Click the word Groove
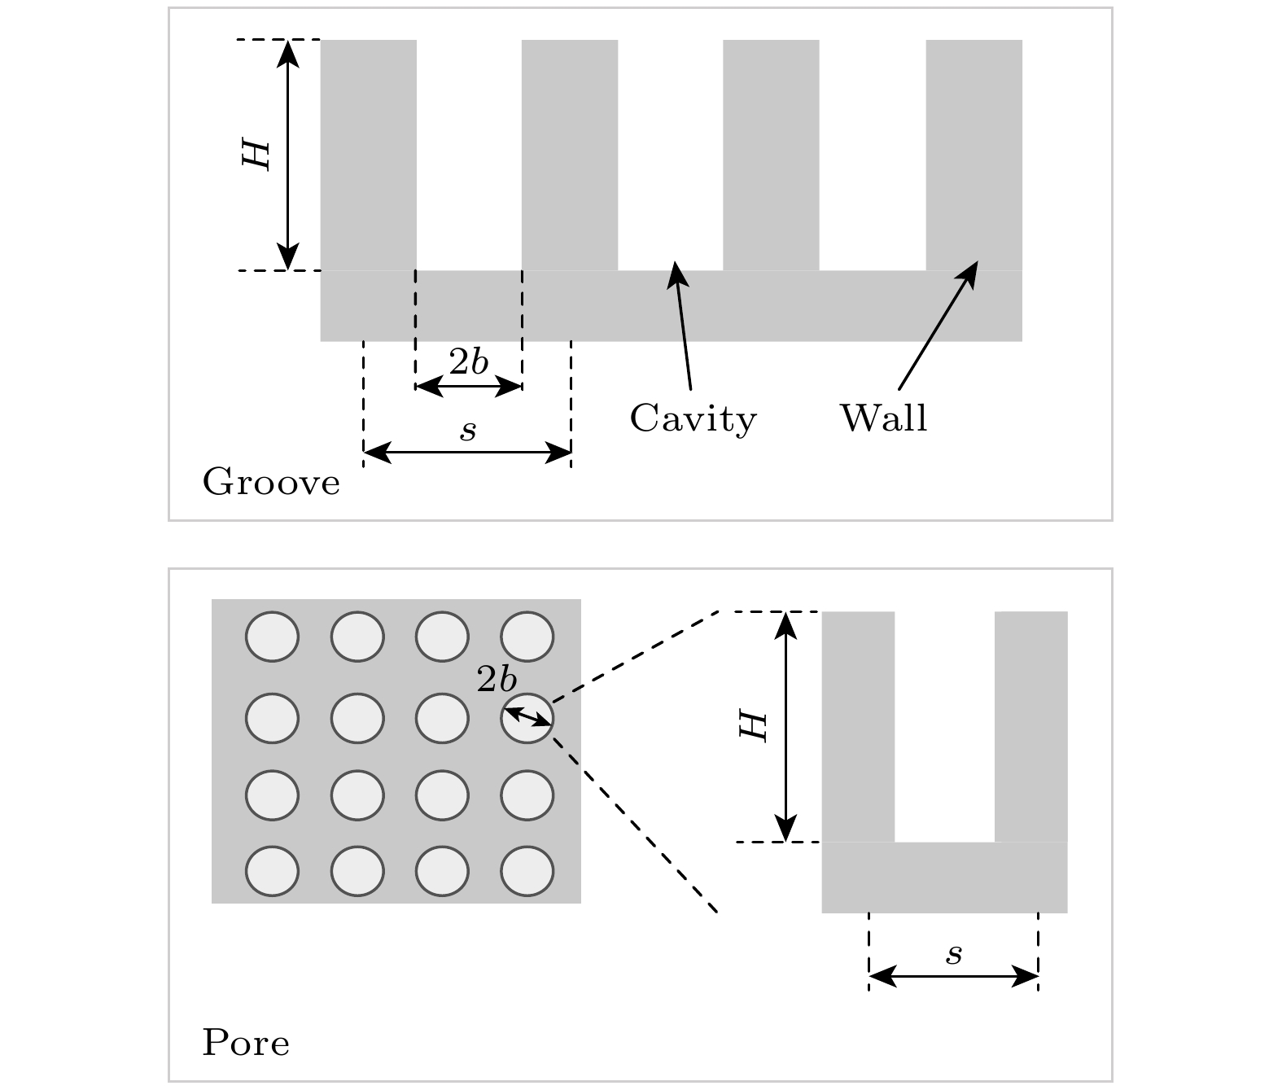pos(271,483)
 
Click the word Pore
pos(245,1043)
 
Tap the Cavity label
pos(693,418)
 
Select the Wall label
pos(883,418)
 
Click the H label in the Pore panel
pos(753,726)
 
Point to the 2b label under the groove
pos(469,362)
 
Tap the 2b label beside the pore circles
pos(497,680)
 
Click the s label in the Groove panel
pos(468,431)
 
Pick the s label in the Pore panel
pos(954,954)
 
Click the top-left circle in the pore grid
pos(272,636)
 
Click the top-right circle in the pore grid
pos(527,636)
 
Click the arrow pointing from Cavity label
pos(682,326)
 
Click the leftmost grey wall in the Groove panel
pos(368,155)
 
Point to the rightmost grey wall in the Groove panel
pos(974,155)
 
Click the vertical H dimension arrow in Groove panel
pos(287,155)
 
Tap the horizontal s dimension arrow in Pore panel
pos(954,976)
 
